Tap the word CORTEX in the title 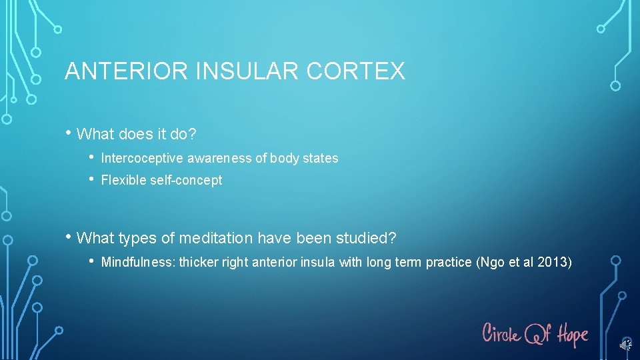click(355, 71)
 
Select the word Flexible click(123, 180)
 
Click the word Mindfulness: click(138, 262)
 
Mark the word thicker click(199, 262)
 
